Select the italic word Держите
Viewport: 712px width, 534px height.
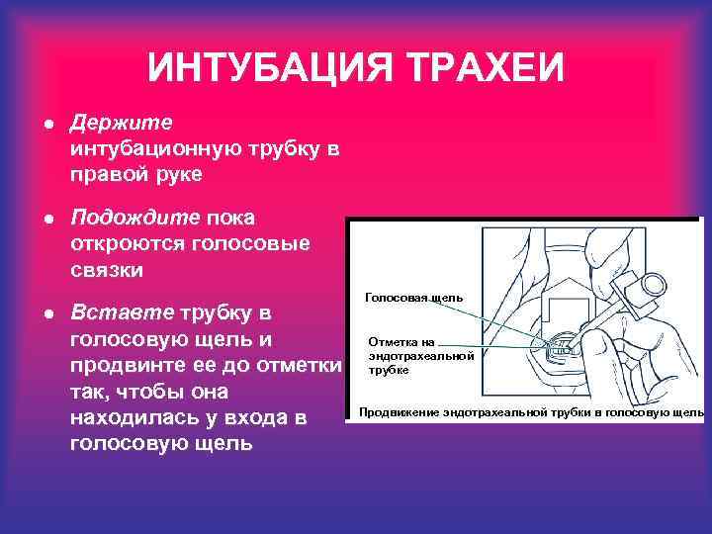[x=121, y=122]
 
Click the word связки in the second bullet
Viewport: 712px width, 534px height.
[x=108, y=269]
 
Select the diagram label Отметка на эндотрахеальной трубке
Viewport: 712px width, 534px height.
[x=420, y=355]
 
